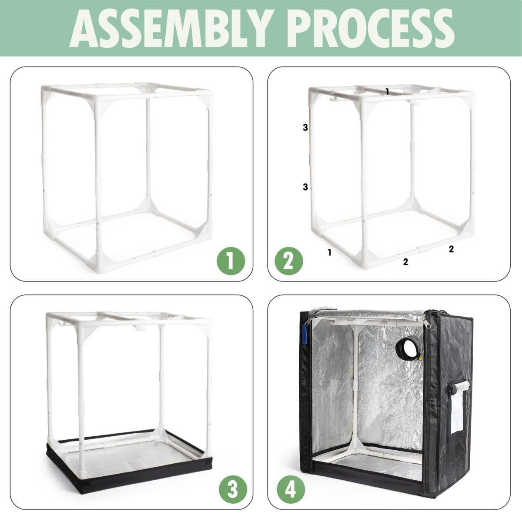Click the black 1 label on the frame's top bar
(387, 91)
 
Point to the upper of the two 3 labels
(305, 127)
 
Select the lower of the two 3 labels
(305, 187)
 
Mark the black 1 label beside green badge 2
(330, 252)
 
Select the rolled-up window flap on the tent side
(460, 385)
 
